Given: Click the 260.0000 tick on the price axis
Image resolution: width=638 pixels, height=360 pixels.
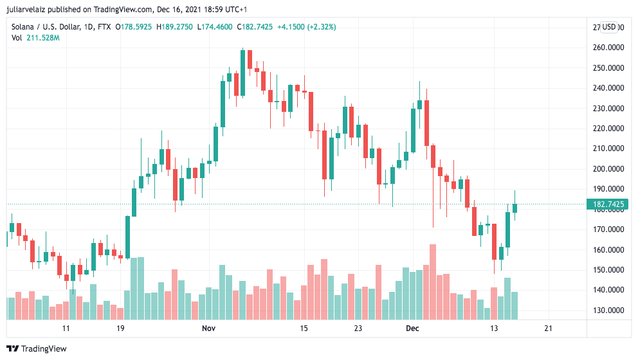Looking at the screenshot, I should [x=608, y=48].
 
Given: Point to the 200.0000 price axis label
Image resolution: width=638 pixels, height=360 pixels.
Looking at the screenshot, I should [x=608, y=169].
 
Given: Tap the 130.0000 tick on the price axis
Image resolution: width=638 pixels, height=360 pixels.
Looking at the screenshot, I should [x=608, y=310].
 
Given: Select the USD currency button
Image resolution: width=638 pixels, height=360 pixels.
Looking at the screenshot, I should [x=609, y=27].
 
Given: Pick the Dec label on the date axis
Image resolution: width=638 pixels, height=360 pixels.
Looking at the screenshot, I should [x=412, y=328].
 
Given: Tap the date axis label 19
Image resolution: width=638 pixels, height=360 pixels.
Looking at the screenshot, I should [x=120, y=328].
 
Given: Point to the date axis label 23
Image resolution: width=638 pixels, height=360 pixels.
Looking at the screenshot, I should [x=358, y=328].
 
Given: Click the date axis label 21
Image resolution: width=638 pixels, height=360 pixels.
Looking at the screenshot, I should [x=548, y=328].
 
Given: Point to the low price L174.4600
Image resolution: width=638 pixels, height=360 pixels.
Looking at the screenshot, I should [x=215, y=27].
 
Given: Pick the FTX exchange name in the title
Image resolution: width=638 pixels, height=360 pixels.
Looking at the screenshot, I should [x=102, y=27].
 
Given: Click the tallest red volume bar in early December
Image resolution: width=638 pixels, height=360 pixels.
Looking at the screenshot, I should [x=433, y=282].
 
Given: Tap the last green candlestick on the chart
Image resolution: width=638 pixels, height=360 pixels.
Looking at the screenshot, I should [x=515, y=208].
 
